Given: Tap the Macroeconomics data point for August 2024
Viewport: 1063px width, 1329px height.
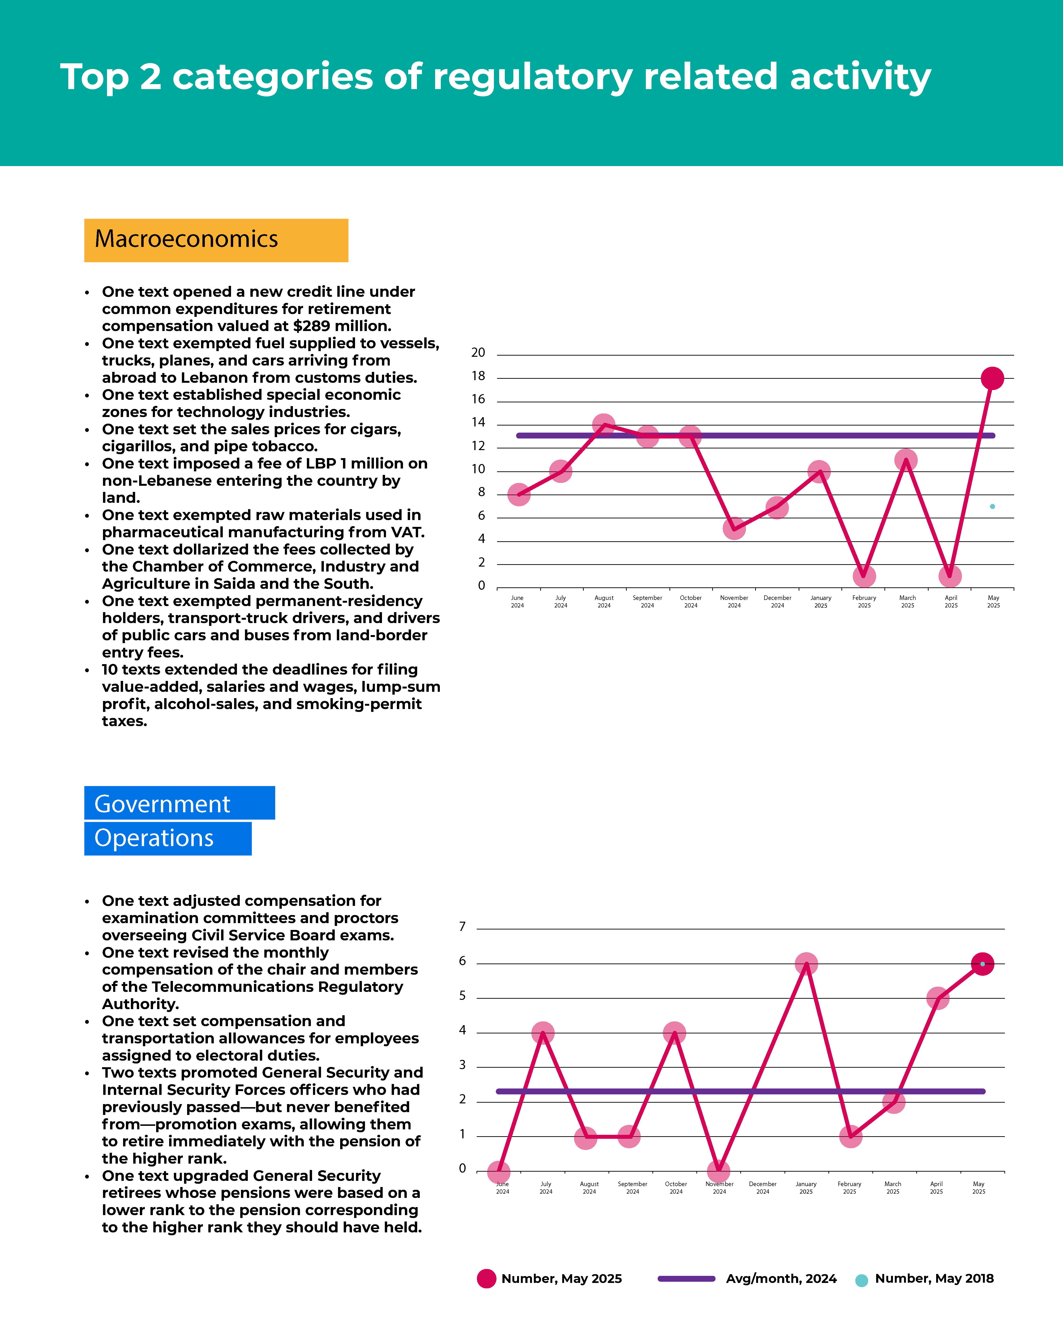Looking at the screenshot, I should (603, 425).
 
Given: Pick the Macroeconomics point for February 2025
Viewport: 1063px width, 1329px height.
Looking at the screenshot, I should (864, 576).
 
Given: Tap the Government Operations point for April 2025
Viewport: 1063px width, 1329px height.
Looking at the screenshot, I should (937, 998).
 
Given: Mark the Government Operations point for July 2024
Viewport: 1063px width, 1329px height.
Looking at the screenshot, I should (542, 1032).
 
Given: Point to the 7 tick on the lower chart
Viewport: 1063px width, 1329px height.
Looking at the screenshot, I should (462, 926).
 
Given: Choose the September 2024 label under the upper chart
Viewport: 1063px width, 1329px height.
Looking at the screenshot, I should (647, 602).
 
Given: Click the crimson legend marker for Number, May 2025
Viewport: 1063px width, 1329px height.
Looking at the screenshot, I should (486, 1278).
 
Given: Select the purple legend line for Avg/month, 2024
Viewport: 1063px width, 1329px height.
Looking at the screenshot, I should (686, 1278).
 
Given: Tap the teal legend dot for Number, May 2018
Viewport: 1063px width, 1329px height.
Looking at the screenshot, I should (862, 1280).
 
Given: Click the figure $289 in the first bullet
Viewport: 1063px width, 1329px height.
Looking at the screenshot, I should (312, 326).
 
